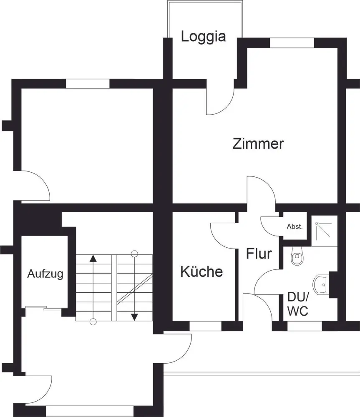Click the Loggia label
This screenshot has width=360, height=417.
(203, 37)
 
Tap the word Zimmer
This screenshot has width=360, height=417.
(258, 144)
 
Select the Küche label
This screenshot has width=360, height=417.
(201, 272)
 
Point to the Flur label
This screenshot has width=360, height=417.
(259, 254)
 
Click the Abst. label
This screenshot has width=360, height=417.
(295, 227)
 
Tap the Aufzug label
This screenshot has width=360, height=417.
(45, 274)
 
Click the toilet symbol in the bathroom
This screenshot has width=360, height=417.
(297, 257)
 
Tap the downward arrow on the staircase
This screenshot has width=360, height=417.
(134, 317)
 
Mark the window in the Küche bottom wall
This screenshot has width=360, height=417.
(205, 326)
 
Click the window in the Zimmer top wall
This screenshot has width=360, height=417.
(292, 43)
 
